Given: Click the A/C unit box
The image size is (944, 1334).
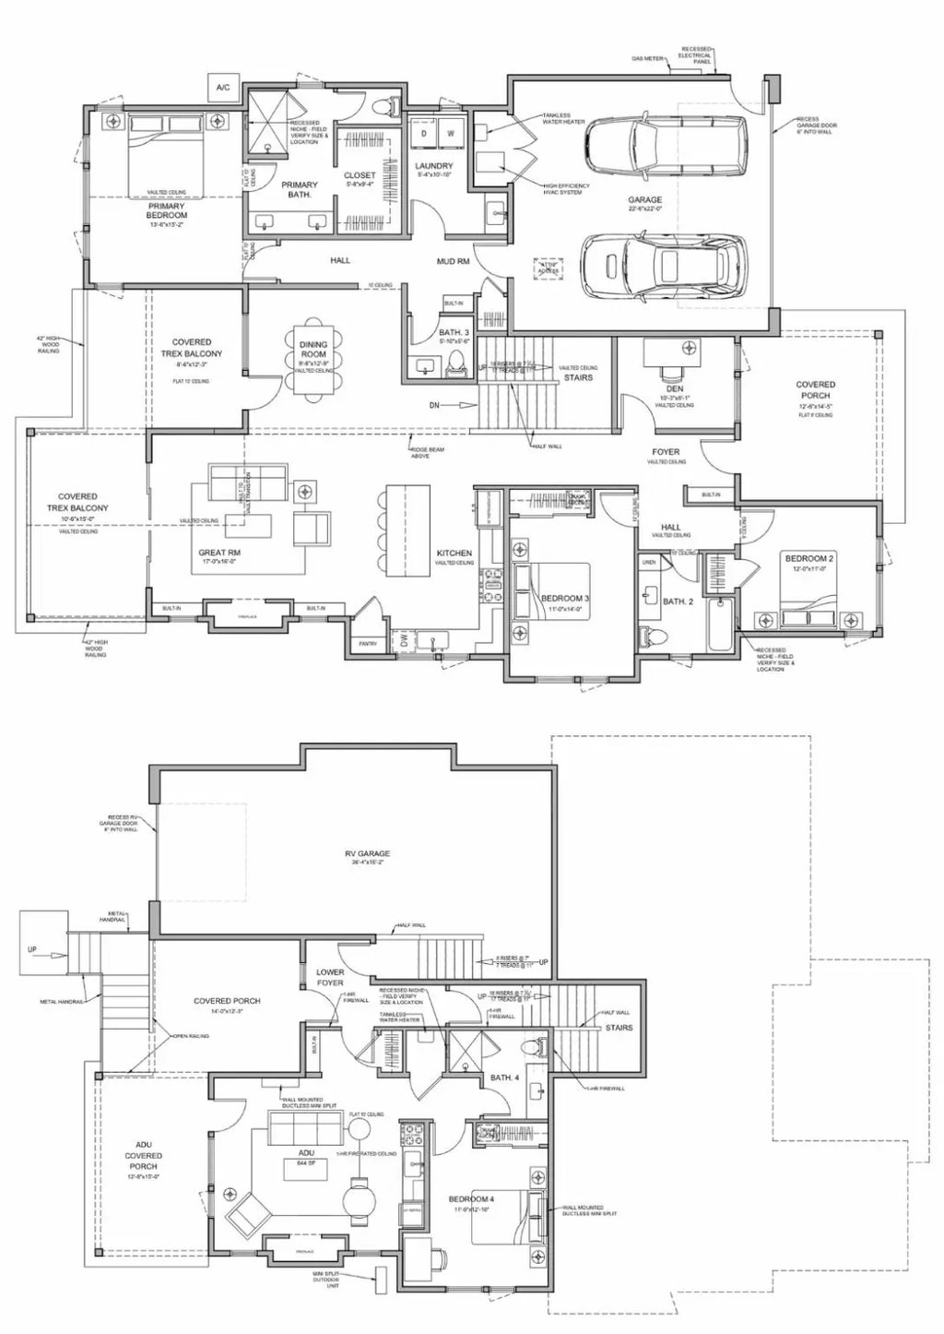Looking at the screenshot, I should click(223, 88).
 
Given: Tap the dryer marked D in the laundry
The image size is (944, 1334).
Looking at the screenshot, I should click(423, 133).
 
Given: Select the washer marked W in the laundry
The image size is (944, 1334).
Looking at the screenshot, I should click(451, 133).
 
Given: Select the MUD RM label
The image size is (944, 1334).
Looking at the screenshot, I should click(453, 261).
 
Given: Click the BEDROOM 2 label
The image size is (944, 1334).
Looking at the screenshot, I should click(808, 559).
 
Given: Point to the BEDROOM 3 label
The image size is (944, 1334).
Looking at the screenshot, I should click(564, 599).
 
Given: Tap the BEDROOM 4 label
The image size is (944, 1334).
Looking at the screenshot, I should click(471, 1198).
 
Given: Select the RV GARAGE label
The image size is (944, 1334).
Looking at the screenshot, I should click(368, 854).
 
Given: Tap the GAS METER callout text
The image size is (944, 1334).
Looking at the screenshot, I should click(648, 58).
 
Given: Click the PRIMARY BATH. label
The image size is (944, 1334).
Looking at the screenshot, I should click(299, 190).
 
